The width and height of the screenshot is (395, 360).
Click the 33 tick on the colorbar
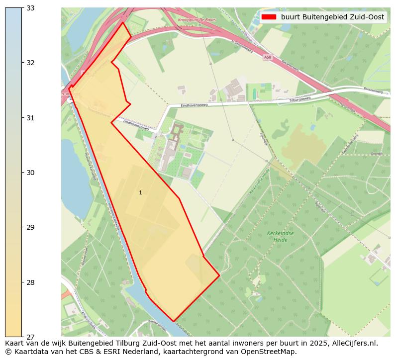pyautogui.click(x=22, y=7)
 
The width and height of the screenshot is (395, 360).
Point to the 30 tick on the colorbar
pyautogui.click(x=22, y=172)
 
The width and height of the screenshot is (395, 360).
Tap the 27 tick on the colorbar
pyautogui.click(x=22, y=337)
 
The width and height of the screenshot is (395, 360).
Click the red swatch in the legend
pyautogui.click(x=269, y=17)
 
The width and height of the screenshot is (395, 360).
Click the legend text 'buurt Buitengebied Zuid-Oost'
pyautogui.click(x=332, y=17)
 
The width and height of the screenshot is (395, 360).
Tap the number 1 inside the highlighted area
pyautogui.click(x=140, y=192)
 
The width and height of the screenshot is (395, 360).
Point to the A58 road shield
pyautogui.click(x=268, y=57)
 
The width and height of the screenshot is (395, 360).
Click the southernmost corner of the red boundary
pyautogui.click(x=174, y=321)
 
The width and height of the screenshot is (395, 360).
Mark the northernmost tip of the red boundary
pyautogui.click(x=122, y=22)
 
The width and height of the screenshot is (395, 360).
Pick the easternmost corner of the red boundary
pyautogui.click(x=219, y=275)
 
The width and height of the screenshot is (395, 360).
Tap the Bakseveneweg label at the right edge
pyautogui.click(x=377, y=91)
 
